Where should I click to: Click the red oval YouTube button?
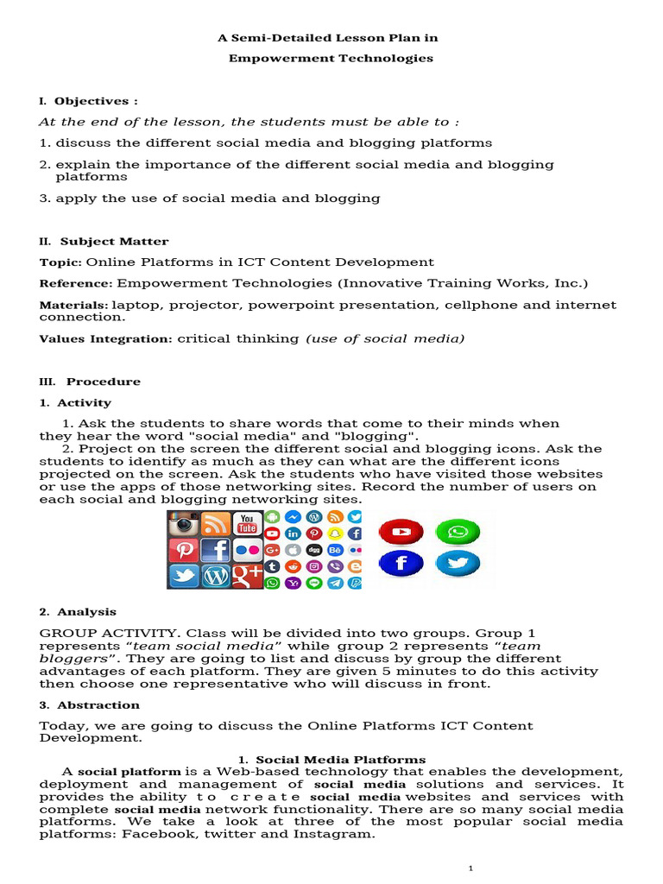(401, 533)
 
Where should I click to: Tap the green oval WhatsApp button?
(458, 532)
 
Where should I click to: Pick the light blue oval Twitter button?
(458, 564)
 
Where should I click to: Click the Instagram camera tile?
(184, 524)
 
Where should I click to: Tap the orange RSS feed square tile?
(216, 524)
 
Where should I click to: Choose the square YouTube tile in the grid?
(248, 523)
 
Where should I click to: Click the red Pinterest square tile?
(184, 550)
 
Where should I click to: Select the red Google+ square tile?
(248, 576)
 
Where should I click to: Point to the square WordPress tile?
(216, 576)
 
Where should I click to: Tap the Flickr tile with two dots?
(248, 550)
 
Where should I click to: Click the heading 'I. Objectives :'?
(89, 101)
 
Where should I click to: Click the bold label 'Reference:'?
(76, 283)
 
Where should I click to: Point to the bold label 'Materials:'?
(73, 305)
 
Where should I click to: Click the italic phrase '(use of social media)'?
(385, 339)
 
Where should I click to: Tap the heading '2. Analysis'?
(78, 612)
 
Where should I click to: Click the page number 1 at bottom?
(470, 868)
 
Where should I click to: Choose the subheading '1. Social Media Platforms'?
(331, 760)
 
